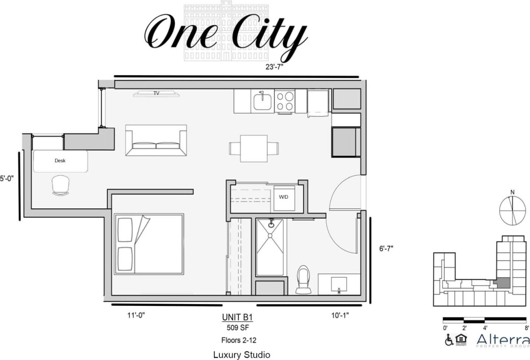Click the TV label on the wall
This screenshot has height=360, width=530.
tap(156, 93)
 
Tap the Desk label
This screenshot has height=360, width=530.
tap(60, 161)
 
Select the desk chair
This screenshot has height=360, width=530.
tap(61, 185)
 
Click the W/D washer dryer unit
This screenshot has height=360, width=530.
tap(284, 198)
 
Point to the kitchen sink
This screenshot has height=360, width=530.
tap(262, 101)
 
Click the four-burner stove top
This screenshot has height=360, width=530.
tap(284, 101)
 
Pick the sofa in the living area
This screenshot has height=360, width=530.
tap(156, 140)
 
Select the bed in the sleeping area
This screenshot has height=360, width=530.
tap(149, 244)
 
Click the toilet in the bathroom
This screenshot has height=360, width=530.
tap(304, 279)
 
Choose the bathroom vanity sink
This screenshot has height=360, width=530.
tap(339, 284)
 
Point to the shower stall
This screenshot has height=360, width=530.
tap(270, 247)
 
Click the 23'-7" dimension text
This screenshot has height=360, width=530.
tap(275, 67)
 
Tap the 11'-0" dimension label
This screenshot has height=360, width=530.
tap(135, 315)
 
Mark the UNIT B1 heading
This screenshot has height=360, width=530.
tap(237, 317)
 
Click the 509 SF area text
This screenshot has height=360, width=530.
tap(237, 328)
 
